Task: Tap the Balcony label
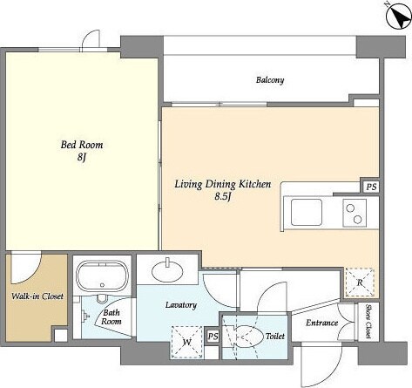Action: pyautogui.click(x=270, y=80)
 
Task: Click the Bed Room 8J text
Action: pyautogui.click(x=82, y=151)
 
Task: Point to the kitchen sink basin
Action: pyautogui.click(x=307, y=212)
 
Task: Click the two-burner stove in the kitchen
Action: pyautogui.click(x=355, y=213)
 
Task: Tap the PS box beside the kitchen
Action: pyautogui.click(x=371, y=187)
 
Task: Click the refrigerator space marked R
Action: pyautogui.click(x=360, y=282)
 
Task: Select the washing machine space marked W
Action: pyautogui.click(x=187, y=342)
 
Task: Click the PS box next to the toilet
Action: pyautogui.click(x=213, y=337)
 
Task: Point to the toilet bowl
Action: pyautogui.click(x=247, y=337)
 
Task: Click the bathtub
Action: pyautogui.click(x=102, y=276)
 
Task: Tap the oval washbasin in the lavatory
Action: pyautogui.click(x=167, y=272)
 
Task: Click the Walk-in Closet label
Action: pyautogui.click(x=37, y=296)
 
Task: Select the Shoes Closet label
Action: pyautogui.click(x=368, y=321)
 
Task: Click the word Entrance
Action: pyautogui.click(x=321, y=323)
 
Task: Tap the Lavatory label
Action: pyautogui.click(x=181, y=305)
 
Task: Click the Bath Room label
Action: pyautogui.click(x=111, y=317)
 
